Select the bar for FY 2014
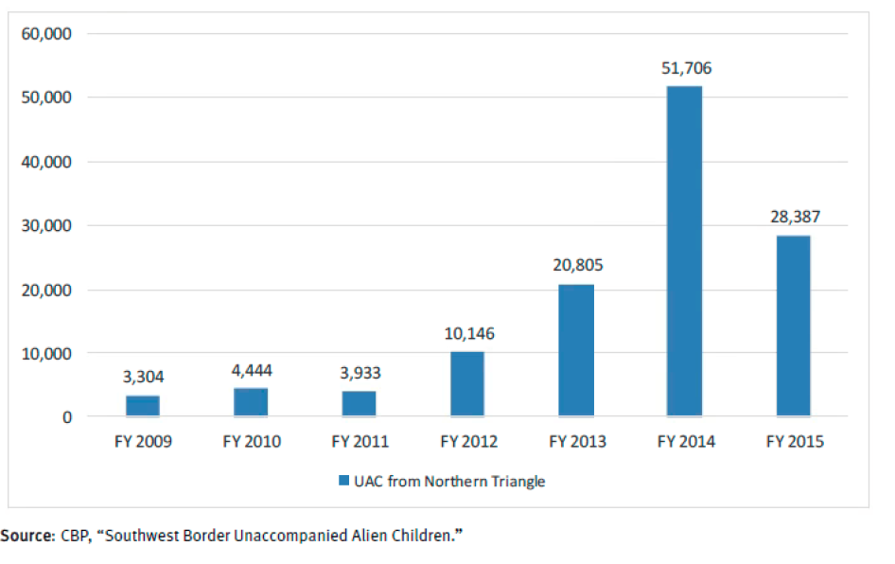click(684, 251)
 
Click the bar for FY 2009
click(143, 406)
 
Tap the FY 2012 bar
click(467, 383)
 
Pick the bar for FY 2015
click(793, 326)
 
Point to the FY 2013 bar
click(576, 350)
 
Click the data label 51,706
click(686, 68)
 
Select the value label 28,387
click(794, 217)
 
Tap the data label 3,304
click(143, 377)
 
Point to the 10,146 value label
click(468, 333)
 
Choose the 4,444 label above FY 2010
click(252, 370)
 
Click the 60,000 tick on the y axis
click(45, 34)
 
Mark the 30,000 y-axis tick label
click(45, 225)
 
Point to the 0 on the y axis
click(66, 416)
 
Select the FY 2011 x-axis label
click(360, 442)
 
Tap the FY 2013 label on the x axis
click(576, 442)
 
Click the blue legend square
click(343, 482)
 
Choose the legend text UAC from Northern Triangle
click(450, 482)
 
